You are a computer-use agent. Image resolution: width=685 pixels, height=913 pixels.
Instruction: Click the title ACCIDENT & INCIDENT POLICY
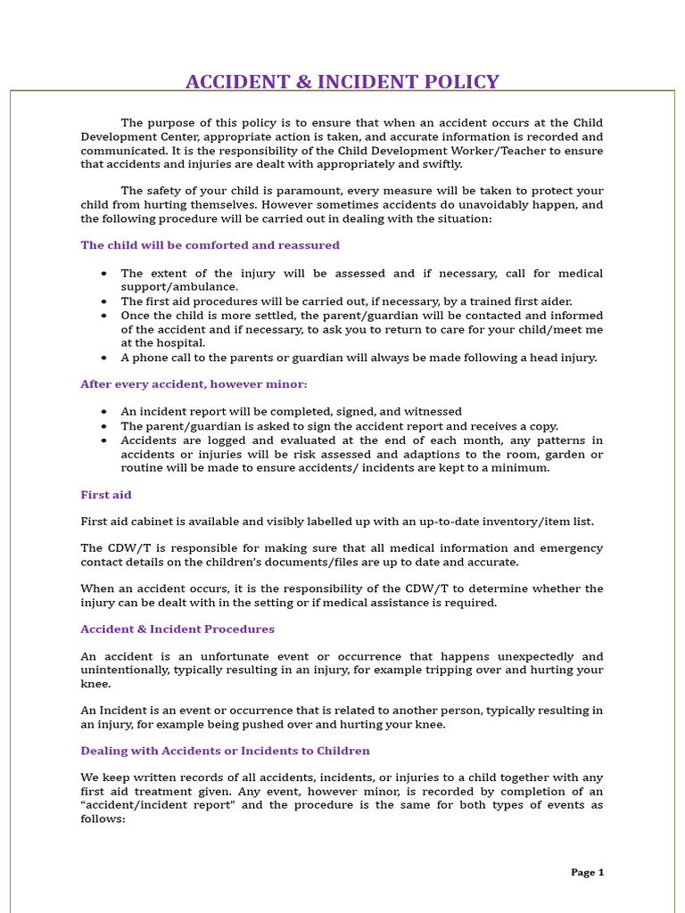tap(342, 83)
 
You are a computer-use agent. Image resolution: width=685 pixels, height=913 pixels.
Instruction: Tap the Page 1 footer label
tap(587, 872)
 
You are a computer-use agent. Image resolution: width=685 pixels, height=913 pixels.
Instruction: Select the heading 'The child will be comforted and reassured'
tap(210, 245)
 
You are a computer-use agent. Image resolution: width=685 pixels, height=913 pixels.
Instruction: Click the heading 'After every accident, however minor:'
tap(194, 384)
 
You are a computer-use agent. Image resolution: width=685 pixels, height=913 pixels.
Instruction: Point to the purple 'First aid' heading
tap(106, 495)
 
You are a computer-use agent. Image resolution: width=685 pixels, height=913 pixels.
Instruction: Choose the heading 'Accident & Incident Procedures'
tap(177, 629)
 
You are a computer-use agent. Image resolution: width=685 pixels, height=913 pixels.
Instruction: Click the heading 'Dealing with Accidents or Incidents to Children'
tap(225, 752)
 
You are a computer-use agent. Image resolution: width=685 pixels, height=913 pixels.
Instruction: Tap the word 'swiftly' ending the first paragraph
tap(441, 164)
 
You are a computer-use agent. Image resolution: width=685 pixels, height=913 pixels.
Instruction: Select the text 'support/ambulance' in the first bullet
tap(178, 287)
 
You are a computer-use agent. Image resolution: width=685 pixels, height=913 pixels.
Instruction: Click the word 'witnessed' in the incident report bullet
tap(433, 412)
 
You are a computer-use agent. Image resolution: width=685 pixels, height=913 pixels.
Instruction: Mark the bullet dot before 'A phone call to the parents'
tap(104, 358)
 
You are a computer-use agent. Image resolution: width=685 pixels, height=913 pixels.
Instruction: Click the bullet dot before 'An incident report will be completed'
tap(104, 412)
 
